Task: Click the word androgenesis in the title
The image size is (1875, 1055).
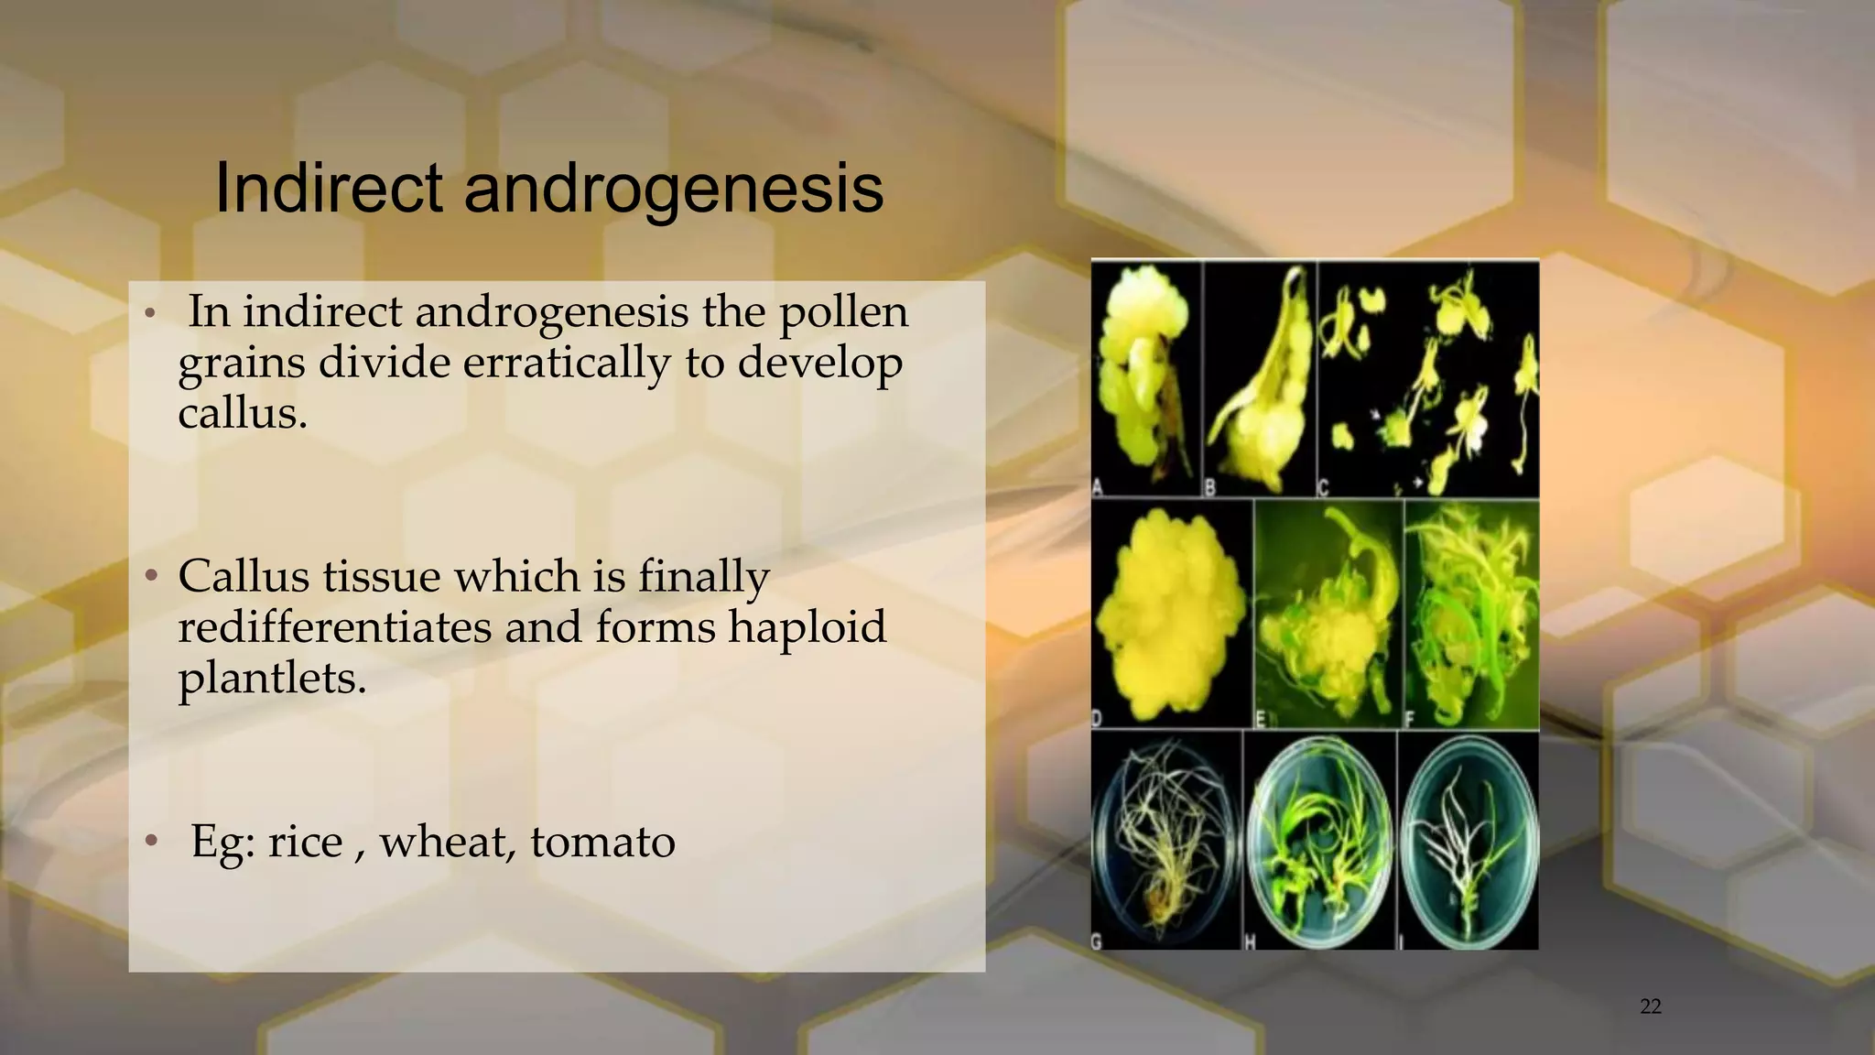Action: pos(674,189)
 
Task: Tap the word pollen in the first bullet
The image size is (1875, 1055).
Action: pos(843,312)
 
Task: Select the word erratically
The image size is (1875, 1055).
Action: pos(566,363)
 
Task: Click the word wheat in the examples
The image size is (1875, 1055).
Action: pos(447,842)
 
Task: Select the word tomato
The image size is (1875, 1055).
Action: pos(602,842)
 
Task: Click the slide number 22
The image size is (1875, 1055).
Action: pos(1650,1006)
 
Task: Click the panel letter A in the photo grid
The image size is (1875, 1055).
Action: pos(1098,485)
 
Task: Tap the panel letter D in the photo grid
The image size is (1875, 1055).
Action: pos(1098,718)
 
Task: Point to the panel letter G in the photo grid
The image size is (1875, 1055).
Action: pos(1098,941)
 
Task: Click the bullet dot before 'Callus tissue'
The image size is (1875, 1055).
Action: pos(153,577)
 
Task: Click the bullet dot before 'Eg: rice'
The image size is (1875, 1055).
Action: pos(153,841)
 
